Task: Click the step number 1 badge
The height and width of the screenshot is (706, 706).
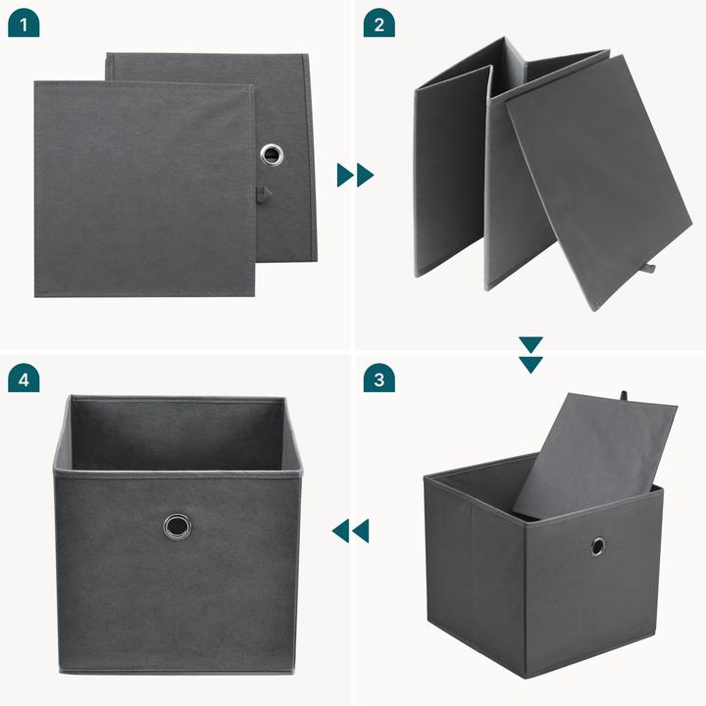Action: [x=23, y=25]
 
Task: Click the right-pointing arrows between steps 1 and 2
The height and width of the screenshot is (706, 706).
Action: [x=355, y=176]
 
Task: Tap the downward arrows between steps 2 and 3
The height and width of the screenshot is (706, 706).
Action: [x=530, y=355]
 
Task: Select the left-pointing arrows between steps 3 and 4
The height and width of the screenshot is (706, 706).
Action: [x=350, y=531]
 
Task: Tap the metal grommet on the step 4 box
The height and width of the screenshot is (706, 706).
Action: [x=177, y=527]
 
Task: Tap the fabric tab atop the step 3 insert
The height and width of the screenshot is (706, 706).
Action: [x=623, y=396]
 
